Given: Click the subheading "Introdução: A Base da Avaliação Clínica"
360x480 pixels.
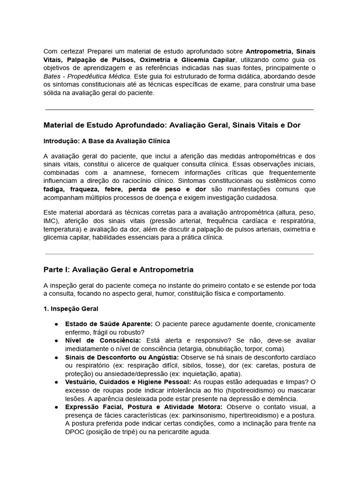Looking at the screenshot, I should click(x=106, y=141).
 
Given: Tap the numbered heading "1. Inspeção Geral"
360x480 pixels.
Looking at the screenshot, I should click(x=71, y=309).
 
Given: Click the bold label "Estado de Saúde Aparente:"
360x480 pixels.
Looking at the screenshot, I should click(x=109, y=324).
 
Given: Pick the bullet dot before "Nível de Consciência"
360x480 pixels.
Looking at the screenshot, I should click(x=56, y=341).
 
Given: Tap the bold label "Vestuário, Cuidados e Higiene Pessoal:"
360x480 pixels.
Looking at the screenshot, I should click(x=128, y=382).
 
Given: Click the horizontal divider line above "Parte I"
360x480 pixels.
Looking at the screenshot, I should click(x=180, y=254).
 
